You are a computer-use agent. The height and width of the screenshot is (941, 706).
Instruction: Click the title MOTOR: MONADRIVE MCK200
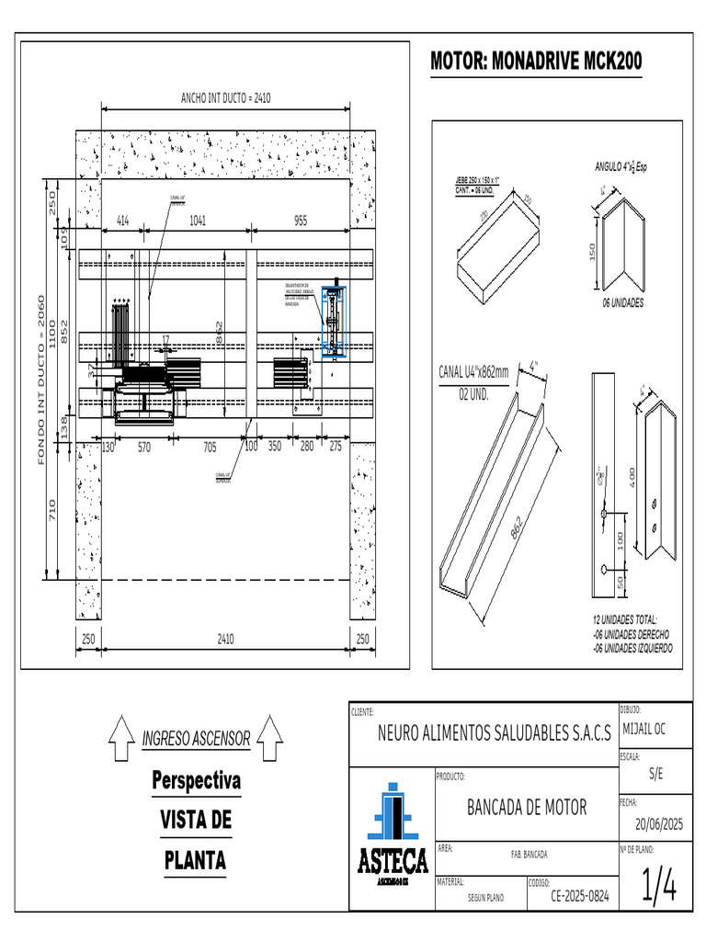[x=536, y=62]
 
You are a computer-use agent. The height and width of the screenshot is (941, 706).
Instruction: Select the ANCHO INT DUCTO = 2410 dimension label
[x=225, y=97]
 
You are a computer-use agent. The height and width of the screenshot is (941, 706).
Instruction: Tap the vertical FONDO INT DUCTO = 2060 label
[x=40, y=380]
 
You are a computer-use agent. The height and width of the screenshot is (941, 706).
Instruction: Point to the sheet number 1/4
[x=658, y=888]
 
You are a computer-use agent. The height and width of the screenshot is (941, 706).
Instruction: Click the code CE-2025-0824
[x=579, y=895]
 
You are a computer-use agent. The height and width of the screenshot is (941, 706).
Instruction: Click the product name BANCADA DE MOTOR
[x=527, y=808]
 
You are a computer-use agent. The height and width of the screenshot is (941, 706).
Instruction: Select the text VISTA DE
[x=196, y=820]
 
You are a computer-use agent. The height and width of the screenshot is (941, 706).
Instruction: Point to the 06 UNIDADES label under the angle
[x=622, y=302]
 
